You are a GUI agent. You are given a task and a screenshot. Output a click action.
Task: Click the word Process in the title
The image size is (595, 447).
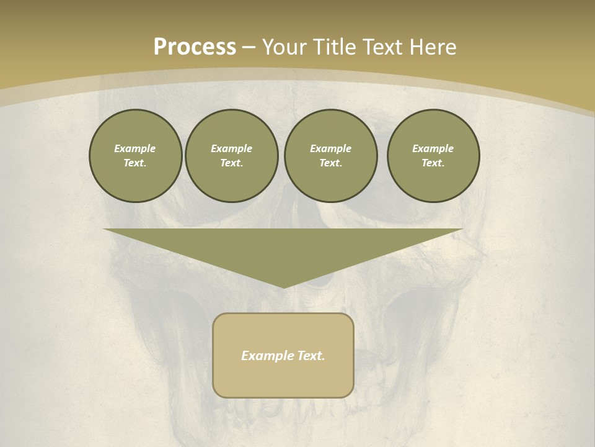[195, 47]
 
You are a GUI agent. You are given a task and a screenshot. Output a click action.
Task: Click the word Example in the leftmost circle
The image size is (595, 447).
[135, 148]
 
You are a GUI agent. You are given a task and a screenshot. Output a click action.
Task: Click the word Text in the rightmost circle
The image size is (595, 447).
[433, 163]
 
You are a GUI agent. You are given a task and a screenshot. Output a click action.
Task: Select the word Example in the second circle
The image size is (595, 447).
[231, 148]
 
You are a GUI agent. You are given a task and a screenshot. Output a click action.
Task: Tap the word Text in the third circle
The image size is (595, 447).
[330, 163]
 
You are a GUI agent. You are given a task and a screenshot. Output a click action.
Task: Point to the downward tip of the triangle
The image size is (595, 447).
[284, 286]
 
